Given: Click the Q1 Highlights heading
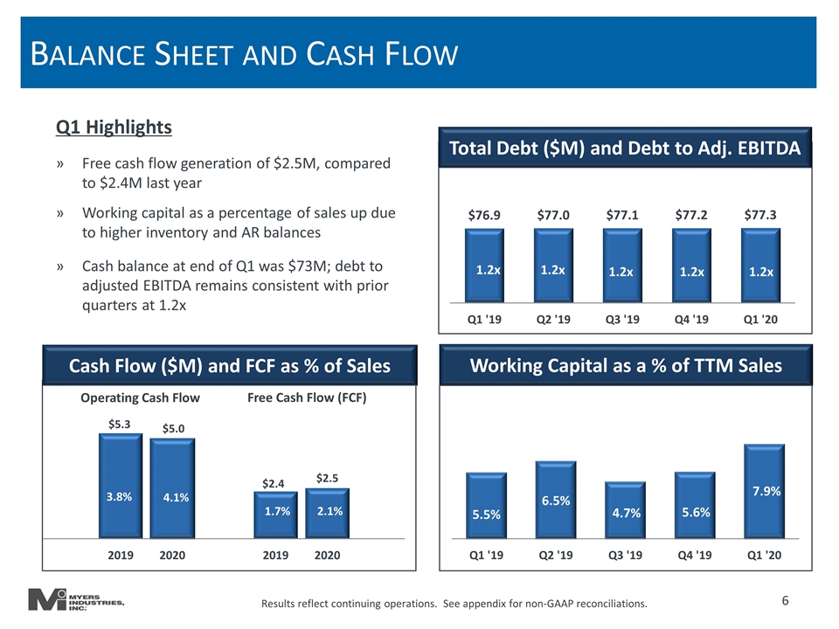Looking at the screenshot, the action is [114, 128].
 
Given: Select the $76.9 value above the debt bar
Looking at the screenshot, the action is [483, 215].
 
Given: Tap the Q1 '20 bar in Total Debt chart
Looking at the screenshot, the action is [760, 266].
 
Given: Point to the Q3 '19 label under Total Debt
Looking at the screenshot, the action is [622, 320].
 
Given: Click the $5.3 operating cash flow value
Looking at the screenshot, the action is [120, 425].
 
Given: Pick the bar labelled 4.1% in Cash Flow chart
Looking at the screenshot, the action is [172, 487].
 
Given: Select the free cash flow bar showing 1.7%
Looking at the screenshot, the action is [275, 515].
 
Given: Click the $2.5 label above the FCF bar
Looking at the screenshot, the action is [327, 478].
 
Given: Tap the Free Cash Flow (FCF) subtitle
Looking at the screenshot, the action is [307, 398].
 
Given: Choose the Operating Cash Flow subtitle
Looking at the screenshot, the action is [140, 398].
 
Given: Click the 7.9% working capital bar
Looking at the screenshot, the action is [764, 491].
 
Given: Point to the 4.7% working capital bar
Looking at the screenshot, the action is [625, 509].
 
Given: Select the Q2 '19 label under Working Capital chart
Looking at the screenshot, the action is [556, 556].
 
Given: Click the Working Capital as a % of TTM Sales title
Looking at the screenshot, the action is [626, 365].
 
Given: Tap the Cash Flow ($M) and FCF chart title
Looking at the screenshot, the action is [230, 366].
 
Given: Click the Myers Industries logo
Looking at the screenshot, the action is [76, 600].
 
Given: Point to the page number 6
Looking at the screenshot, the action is [785, 601].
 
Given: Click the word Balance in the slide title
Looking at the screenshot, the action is [87, 54].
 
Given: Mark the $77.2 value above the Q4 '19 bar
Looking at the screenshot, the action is [690, 215].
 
